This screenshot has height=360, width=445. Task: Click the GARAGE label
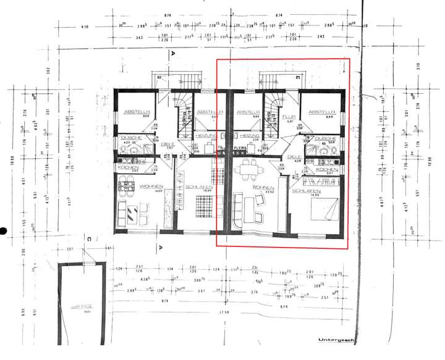point(82,306)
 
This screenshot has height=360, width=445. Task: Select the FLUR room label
point(287,115)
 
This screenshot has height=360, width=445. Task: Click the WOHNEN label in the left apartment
point(151,186)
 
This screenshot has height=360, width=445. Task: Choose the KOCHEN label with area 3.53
point(129,168)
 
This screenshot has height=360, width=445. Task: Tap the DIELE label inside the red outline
point(294,157)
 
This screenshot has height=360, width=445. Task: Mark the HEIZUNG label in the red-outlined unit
point(249,135)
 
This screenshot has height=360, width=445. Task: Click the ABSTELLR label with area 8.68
point(321,112)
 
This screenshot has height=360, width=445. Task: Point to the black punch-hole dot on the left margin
point(3,232)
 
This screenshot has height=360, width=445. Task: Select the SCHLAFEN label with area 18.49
point(199,186)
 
